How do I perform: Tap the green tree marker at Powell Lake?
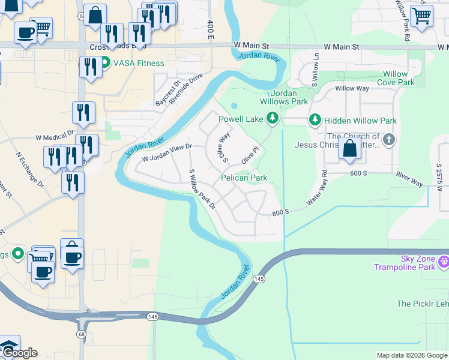tap(273, 118)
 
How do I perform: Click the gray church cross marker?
tap(389, 140)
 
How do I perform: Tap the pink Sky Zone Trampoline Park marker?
tap(444, 260)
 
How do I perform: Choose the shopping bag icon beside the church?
tap(350, 148)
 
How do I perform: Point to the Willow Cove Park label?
tap(399, 78)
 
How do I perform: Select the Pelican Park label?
tap(244, 178)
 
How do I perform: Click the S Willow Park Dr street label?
tap(202, 189)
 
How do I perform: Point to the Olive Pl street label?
tap(250, 155)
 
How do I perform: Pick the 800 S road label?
tap(280, 212)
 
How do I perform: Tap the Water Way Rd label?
tap(318, 188)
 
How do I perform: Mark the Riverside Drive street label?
tap(186, 89)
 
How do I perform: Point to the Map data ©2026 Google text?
tap(411, 355)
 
